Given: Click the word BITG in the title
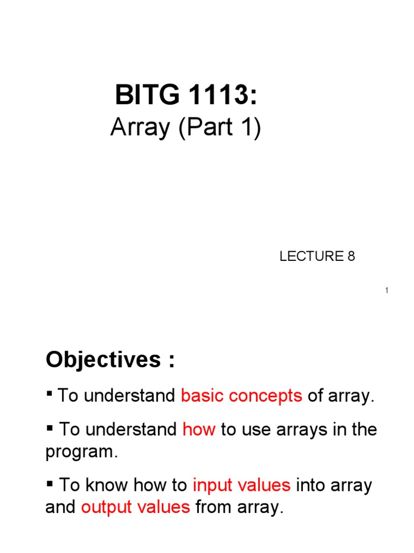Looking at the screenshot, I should click(144, 96).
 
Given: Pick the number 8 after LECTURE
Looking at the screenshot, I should click(351, 257).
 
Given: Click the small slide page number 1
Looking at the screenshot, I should click(387, 291).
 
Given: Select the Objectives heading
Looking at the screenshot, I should click(110, 360).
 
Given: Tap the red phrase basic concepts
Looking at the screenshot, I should click(241, 396).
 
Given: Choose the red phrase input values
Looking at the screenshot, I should click(241, 485).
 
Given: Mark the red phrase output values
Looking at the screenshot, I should click(135, 507).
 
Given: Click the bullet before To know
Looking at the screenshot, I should click(49, 483).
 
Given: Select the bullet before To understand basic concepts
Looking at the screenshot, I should click(49, 394).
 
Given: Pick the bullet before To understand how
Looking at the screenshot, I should click(49, 427).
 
